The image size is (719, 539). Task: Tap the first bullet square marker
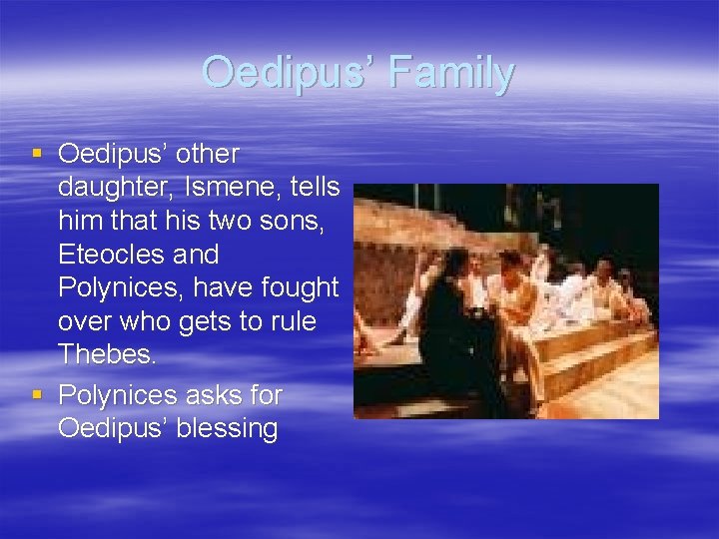(37, 154)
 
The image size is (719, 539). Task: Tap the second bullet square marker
(37, 395)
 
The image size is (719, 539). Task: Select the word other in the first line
(205, 155)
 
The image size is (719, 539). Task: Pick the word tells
(311, 188)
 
